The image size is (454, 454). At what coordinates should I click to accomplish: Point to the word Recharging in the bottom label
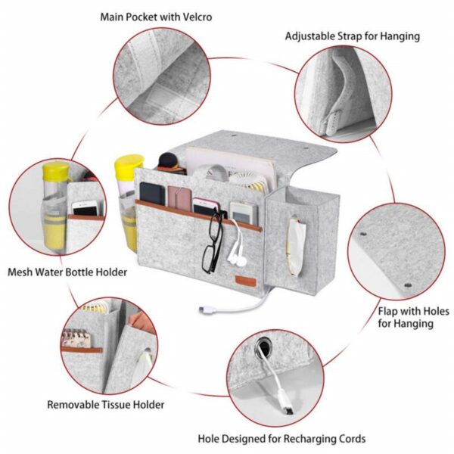click(297, 438)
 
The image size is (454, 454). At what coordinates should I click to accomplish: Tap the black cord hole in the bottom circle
click(265, 349)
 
